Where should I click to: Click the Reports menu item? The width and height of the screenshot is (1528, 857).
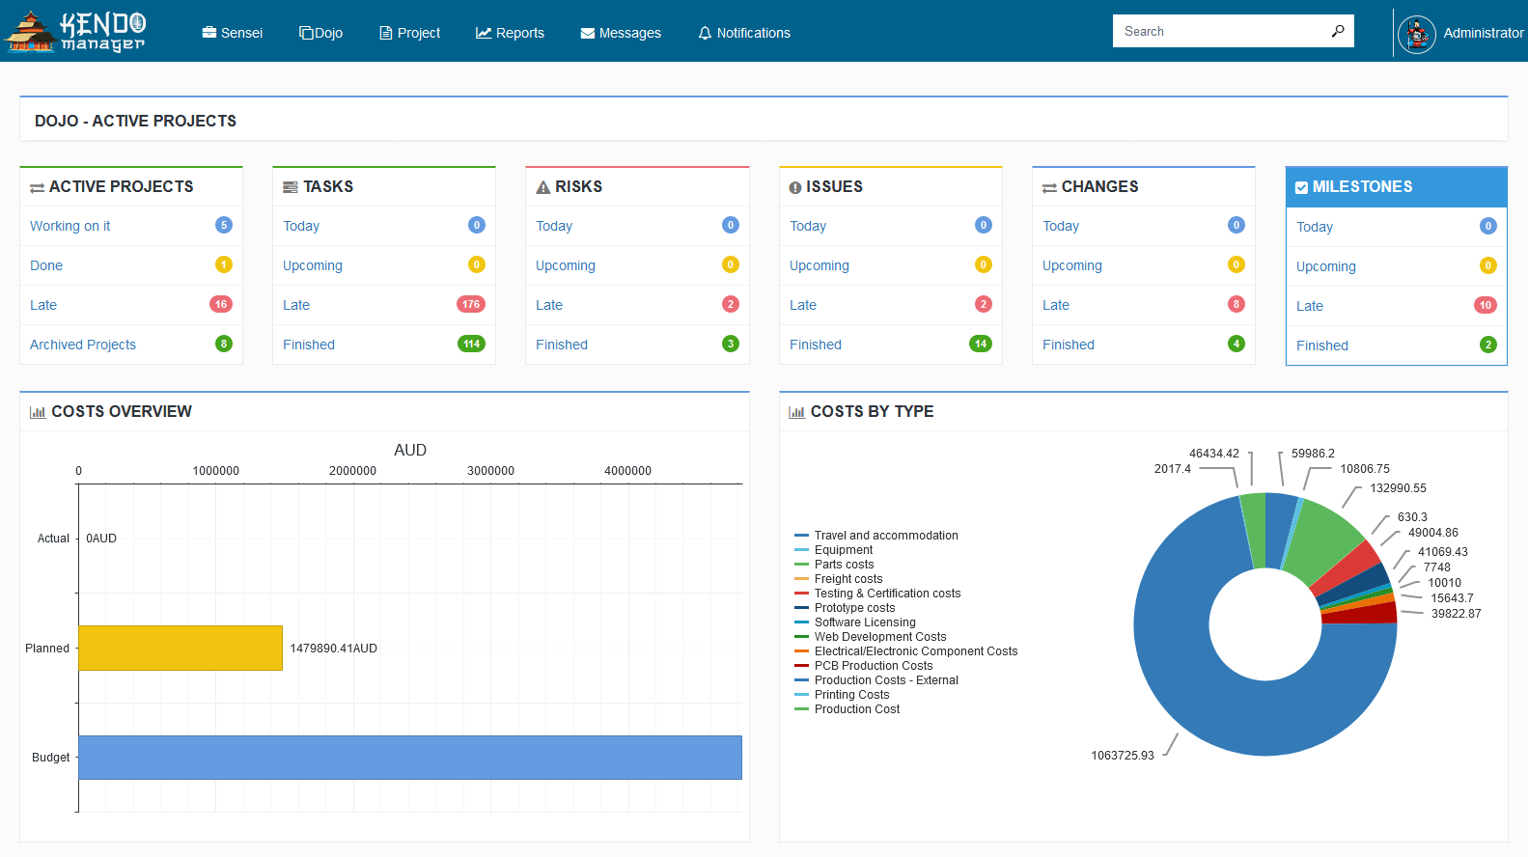point(510,33)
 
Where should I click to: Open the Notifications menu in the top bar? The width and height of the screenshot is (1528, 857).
point(743,33)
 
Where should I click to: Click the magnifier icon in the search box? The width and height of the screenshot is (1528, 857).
point(1338,31)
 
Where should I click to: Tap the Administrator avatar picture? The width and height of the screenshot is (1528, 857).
point(1416,34)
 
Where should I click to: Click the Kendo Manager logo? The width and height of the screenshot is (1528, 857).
point(75,32)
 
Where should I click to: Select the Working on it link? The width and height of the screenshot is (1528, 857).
point(69,226)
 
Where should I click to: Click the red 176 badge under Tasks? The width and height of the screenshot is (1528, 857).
point(470,304)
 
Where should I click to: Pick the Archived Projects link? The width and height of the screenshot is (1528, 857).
point(83,345)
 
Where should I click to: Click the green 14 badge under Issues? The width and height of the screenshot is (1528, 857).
point(980,344)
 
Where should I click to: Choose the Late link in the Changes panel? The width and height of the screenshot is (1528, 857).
point(1056,305)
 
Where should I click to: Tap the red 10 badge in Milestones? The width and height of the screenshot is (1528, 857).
point(1485,305)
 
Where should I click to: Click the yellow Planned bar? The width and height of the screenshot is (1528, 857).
point(181,648)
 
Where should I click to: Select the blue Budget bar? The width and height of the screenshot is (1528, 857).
point(410,758)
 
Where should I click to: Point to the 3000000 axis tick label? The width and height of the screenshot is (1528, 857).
point(490,471)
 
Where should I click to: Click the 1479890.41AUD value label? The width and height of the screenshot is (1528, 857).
point(333,649)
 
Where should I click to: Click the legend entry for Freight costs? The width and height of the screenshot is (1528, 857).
point(847,579)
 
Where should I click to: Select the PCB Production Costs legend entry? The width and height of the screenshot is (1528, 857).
point(873,666)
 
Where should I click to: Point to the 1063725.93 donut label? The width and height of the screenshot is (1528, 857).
point(1122,756)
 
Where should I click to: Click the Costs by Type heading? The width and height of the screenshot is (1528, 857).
point(872,411)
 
